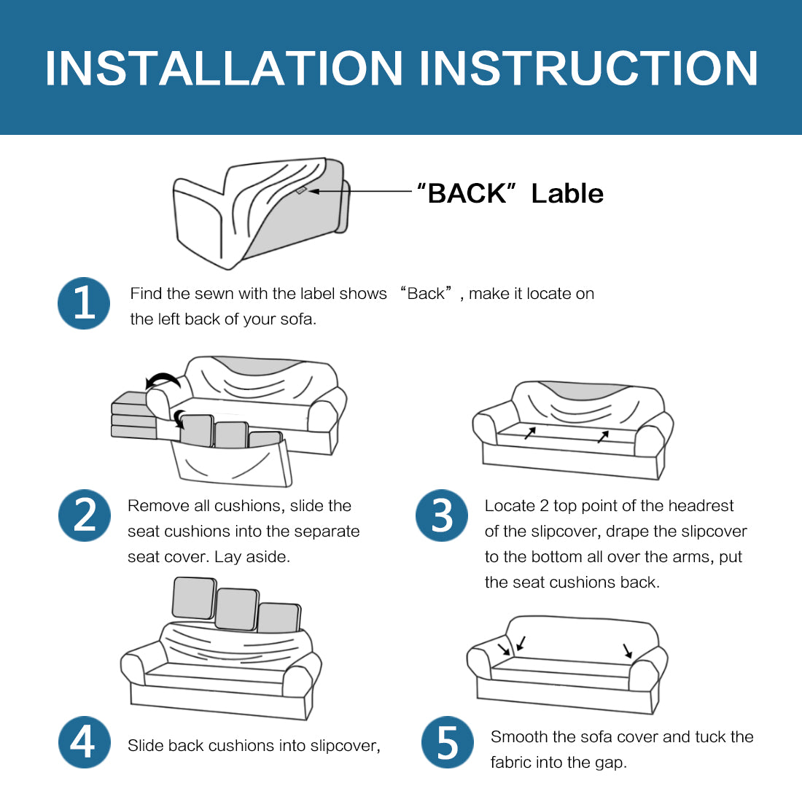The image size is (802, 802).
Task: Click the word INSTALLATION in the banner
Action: click(x=224, y=68)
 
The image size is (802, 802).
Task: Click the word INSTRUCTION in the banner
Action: click(x=588, y=68)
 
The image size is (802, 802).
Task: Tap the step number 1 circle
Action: click(x=84, y=303)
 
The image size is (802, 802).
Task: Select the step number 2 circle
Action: click(x=85, y=515)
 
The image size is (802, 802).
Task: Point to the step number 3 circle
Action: click(x=441, y=515)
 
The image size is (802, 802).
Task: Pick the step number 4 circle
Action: click(x=85, y=742)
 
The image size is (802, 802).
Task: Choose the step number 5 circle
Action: click(x=448, y=742)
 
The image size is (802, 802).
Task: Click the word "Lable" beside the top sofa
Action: click(x=567, y=193)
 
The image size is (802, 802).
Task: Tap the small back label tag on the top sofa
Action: click(x=300, y=191)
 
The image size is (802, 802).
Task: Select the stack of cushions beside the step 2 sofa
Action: click(x=134, y=416)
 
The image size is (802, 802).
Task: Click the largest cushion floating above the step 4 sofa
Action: click(x=195, y=598)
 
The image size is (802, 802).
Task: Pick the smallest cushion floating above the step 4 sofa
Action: click(x=279, y=618)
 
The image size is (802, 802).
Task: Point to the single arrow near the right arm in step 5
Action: click(x=628, y=650)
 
